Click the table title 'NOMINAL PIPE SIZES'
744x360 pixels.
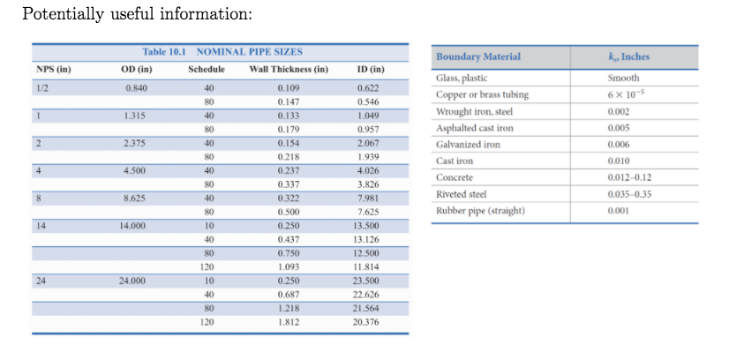[249, 53]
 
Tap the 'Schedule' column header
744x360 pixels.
[207, 70]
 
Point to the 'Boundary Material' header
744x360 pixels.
[477, 56]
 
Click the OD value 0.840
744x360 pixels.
[136, 88]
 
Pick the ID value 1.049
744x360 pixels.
[369, 116]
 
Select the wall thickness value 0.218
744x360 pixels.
[288, 156]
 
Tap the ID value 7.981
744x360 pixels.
[369, 198]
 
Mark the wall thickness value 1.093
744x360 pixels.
[288, 266]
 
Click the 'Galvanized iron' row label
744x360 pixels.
[468, 145]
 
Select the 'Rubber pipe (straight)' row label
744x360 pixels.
[480, 211]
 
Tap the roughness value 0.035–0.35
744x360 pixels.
[628, 194]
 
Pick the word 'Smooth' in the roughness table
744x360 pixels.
[624, 79]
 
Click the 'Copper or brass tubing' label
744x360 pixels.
[482, 95]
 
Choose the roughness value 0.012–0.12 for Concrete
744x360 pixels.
[628, 177]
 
